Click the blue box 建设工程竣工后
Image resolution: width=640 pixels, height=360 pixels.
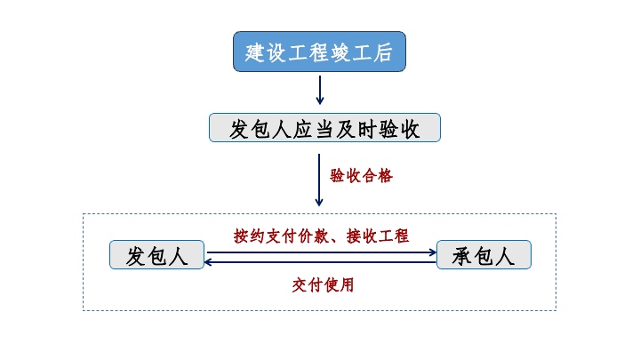click(x=319, y=52)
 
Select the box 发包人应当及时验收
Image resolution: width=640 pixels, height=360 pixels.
click(x=324, y=128)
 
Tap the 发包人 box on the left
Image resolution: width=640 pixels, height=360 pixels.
click(x=156, y=255)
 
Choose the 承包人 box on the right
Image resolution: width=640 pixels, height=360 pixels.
click(x=484, y=255)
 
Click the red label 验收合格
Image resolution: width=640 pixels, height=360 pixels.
click(x=361, y=176)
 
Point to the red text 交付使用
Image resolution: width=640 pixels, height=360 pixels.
click(x=323, y=285)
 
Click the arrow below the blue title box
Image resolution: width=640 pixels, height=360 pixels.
click(x=320, y=90)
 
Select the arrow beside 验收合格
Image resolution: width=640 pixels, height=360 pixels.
click(x=319, y=180)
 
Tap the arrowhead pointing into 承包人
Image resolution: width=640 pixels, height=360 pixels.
click(x=433, y=252)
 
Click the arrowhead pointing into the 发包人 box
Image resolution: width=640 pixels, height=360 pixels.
click(x=208, y=262)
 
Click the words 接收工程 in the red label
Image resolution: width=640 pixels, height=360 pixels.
click(x=378, y=236)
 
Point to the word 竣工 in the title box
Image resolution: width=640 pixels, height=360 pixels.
click(x=340, y=52)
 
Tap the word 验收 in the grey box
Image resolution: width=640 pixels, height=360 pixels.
click(x=399, y=130)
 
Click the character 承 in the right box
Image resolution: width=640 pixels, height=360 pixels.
click(x=461, y=256)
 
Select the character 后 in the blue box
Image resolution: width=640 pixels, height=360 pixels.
click(x=382, y=52)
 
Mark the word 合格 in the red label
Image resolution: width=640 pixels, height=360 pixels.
click(x=378, y=176)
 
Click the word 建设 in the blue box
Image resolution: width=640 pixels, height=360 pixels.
click(x=265, y=52)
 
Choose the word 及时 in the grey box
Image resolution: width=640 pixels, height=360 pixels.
click(x=356, y=130)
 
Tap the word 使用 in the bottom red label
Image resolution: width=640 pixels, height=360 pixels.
click(x=339, y=285)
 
